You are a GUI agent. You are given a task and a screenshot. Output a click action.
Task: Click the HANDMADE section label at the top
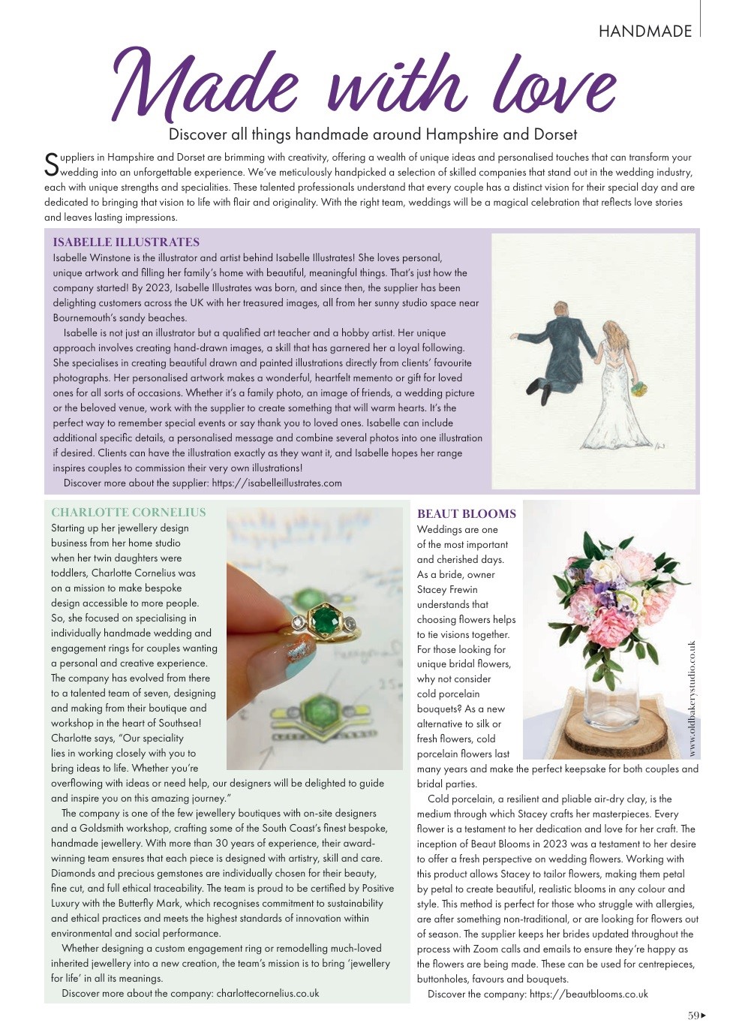644,31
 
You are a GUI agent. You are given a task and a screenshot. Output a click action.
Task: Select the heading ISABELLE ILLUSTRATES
126,242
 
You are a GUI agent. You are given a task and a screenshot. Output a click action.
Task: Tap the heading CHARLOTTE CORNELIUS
128,513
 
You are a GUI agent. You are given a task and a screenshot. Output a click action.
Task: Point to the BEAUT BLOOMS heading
466,514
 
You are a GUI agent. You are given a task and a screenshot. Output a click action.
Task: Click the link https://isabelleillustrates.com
277,483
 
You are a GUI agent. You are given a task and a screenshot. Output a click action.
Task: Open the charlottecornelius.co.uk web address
267,993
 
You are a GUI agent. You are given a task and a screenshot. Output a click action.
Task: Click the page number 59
693,1015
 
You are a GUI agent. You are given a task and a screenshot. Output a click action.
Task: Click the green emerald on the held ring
324,619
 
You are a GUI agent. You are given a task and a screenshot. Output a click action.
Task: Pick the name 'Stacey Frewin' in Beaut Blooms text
447,589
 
